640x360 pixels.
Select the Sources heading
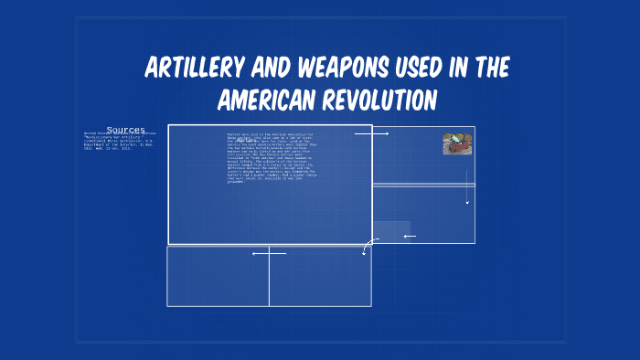125,130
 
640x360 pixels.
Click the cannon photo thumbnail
457,144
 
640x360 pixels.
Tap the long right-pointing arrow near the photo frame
371,133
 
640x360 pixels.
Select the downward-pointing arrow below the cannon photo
467,186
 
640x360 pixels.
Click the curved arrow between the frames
368,246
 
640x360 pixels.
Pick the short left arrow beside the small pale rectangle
410,237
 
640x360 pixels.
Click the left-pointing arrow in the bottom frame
269,253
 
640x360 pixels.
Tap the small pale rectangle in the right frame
391,231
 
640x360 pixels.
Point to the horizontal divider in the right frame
423,185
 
